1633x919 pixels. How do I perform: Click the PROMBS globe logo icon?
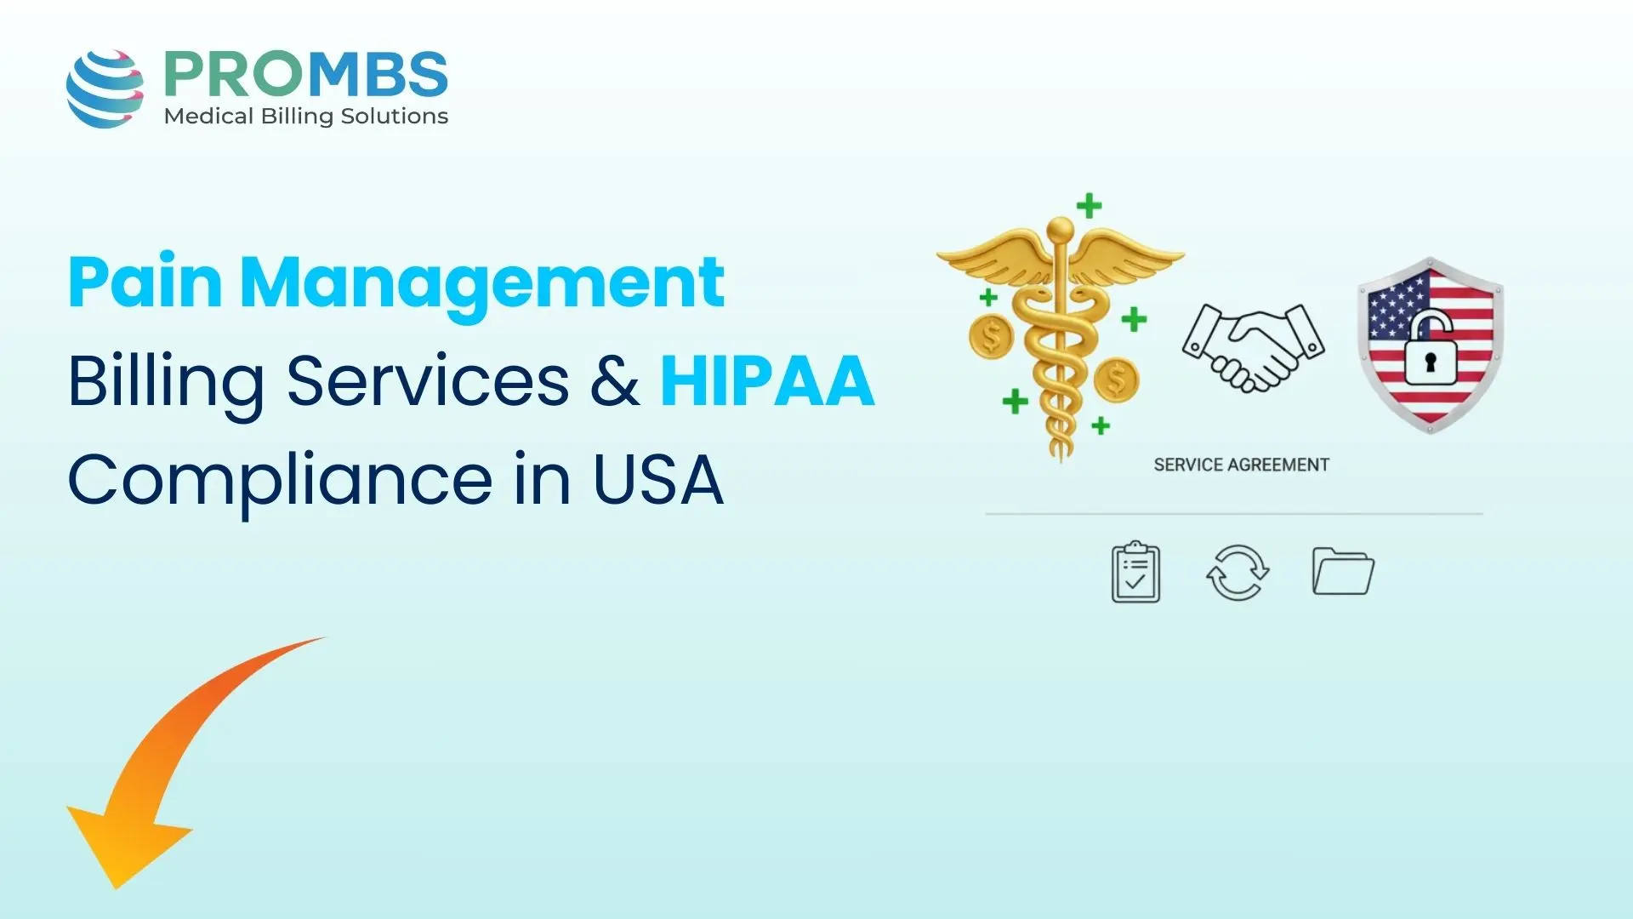[x=105, y=88]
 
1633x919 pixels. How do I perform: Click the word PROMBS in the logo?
[x=305, y=74]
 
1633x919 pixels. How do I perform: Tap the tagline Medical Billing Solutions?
[x=305, y=117]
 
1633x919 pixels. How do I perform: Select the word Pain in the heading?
[x=145, y=283]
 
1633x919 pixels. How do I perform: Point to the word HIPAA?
[x=767, y=380]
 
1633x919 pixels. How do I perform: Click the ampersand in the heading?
[x=614, y=380]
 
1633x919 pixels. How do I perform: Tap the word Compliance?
[x=279, y=482]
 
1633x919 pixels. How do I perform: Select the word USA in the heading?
[x=657, y=480]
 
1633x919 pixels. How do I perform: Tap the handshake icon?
[x=1253, y=346]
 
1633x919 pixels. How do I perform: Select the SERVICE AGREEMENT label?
[x=1241, y=465]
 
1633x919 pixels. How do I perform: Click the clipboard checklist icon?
[x=1135, y=573]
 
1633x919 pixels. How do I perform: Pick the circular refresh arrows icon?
[x=1238, y=573]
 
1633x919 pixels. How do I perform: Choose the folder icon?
[x=1343, y=571]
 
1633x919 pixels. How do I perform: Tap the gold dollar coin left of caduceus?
[x=991, y=336]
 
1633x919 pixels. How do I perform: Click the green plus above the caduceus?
[x=1089, y=205]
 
